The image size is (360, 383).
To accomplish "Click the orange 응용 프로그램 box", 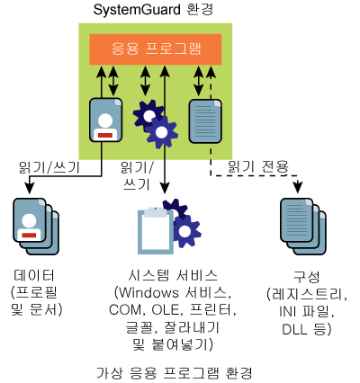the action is pos(156,49).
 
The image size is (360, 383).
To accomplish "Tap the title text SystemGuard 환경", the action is pos(153,10).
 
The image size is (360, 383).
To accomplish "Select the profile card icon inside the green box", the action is pos(106,120).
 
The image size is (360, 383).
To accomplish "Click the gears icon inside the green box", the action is pos(156,123).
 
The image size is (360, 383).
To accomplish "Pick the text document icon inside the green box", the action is pos(205,121).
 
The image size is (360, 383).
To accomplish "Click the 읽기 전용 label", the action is pos(258,166).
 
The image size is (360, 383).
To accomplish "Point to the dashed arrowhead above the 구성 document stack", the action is pos(298,187).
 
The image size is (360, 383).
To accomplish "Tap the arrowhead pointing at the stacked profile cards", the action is pos(29,187).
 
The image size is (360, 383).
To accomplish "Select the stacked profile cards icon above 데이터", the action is pos(36,227).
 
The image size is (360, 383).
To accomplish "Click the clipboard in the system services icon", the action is pos(156,230).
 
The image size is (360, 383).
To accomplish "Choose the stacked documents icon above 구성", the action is pos(303,227).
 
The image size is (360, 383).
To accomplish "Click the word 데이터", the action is pos(34,275).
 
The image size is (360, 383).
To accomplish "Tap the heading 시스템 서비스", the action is pos(173,275).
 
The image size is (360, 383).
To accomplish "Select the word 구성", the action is pos(306,277).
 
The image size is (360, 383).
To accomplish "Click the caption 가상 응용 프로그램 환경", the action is pos(174,373).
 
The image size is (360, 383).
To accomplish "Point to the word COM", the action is pos(125,310).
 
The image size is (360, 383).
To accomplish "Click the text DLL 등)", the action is pos(307,329).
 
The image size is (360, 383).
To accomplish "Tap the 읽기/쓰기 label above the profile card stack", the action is pos(49,167).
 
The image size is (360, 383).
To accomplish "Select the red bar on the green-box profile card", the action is pos(105,135).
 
